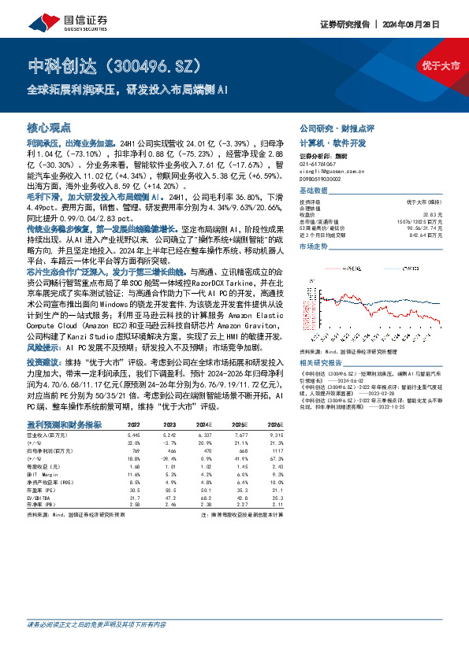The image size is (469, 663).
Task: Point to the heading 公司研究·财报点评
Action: [x=337, y=128]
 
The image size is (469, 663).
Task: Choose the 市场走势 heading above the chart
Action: [x=315, y=246]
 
